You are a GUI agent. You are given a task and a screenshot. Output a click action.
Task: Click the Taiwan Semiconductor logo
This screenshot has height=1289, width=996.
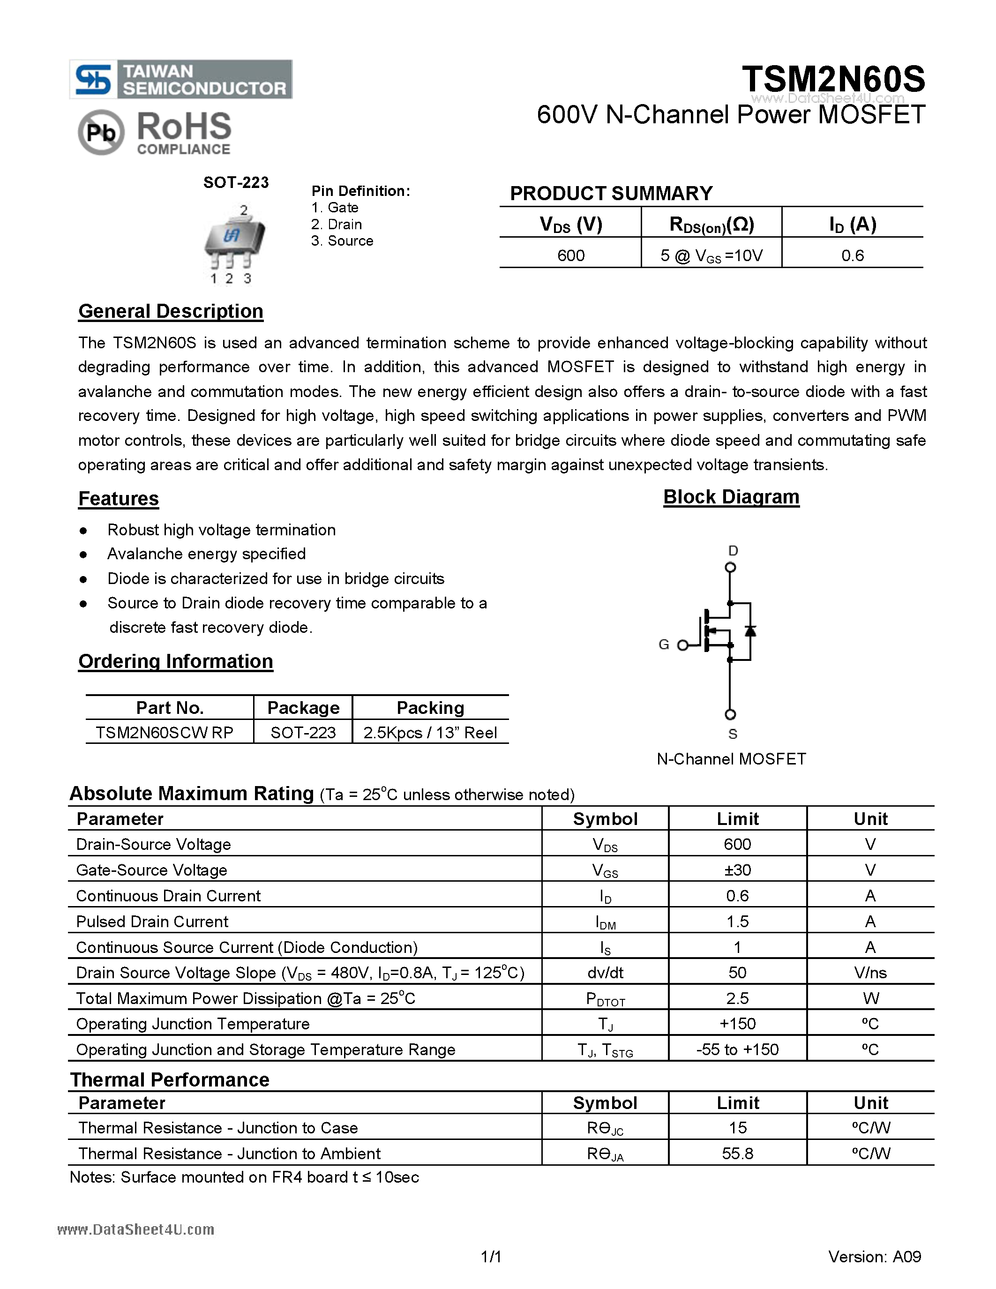[180, 79]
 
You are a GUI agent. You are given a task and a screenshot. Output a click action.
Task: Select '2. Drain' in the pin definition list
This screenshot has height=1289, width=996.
[337, 224]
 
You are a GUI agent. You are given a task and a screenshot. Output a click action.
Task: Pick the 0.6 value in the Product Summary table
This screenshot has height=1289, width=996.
[852, 255]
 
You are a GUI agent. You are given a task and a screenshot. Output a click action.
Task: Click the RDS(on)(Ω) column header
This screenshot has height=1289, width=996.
[711, 224]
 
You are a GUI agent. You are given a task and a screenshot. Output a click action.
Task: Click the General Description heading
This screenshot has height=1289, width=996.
[171, 311]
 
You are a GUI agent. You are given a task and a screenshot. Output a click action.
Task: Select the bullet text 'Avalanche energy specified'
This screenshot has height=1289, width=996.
[207, 554]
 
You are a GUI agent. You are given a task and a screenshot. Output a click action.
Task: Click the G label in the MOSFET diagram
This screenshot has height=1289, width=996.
[664, 644]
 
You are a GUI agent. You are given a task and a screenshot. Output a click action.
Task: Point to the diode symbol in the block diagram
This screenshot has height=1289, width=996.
[750, 630]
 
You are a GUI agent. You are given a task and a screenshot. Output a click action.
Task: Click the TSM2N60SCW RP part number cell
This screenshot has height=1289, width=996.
[165, 733]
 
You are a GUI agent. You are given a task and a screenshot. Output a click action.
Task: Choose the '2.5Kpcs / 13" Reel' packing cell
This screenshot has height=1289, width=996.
[430, 733]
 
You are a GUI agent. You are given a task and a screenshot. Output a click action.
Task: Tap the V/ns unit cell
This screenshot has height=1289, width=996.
[870, 973]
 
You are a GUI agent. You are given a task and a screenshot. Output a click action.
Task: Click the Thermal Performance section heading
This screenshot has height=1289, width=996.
[170, 1079]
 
